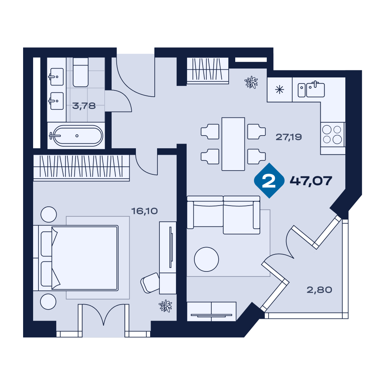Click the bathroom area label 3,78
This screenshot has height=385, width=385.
[84, 106]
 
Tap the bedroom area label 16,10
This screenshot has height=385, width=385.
[144, 211]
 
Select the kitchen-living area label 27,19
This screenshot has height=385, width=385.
[288, 137]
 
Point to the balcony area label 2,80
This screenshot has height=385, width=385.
[319, 290]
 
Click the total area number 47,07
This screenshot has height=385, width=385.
[311, 181]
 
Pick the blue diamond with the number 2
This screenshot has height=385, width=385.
[269, 181]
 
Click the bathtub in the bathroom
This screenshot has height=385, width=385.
[76, 136]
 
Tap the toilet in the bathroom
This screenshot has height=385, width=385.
[80, 72]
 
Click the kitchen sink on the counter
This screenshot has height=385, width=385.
[311, 89]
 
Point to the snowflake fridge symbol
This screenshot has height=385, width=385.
[280, 90]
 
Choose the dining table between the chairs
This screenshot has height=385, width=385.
[233, 144]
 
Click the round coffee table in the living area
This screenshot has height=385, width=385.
[206, 259]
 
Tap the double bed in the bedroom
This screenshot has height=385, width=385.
[78, 258]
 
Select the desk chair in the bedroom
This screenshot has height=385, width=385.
[150, 283]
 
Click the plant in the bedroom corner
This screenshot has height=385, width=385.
[165, 306]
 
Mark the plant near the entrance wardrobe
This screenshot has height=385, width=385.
[251, 82]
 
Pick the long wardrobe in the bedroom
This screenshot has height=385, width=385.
[81, 168]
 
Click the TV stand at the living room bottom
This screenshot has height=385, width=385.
[211, 311]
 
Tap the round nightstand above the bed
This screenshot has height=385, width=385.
[49, 214]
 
